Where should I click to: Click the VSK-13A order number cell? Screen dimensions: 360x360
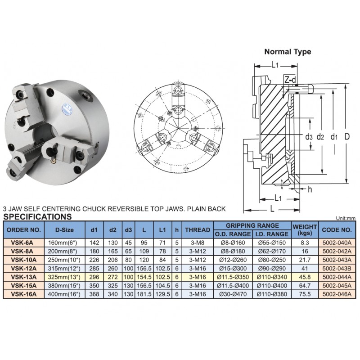[24, 277]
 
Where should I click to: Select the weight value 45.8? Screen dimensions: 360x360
[305, 277]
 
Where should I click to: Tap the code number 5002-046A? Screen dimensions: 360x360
[337, 294]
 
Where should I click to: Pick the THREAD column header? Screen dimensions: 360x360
[198, 229]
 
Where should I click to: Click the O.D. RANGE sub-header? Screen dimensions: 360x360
[233, 234]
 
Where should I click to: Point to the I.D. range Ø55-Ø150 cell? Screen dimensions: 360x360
[272, 243]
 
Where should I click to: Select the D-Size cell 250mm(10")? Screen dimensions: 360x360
[64, 260]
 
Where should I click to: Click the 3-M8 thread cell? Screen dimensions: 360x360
[198, 243]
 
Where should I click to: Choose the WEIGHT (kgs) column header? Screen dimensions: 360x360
[305, 230]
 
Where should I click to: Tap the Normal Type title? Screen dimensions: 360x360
[288, 52]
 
